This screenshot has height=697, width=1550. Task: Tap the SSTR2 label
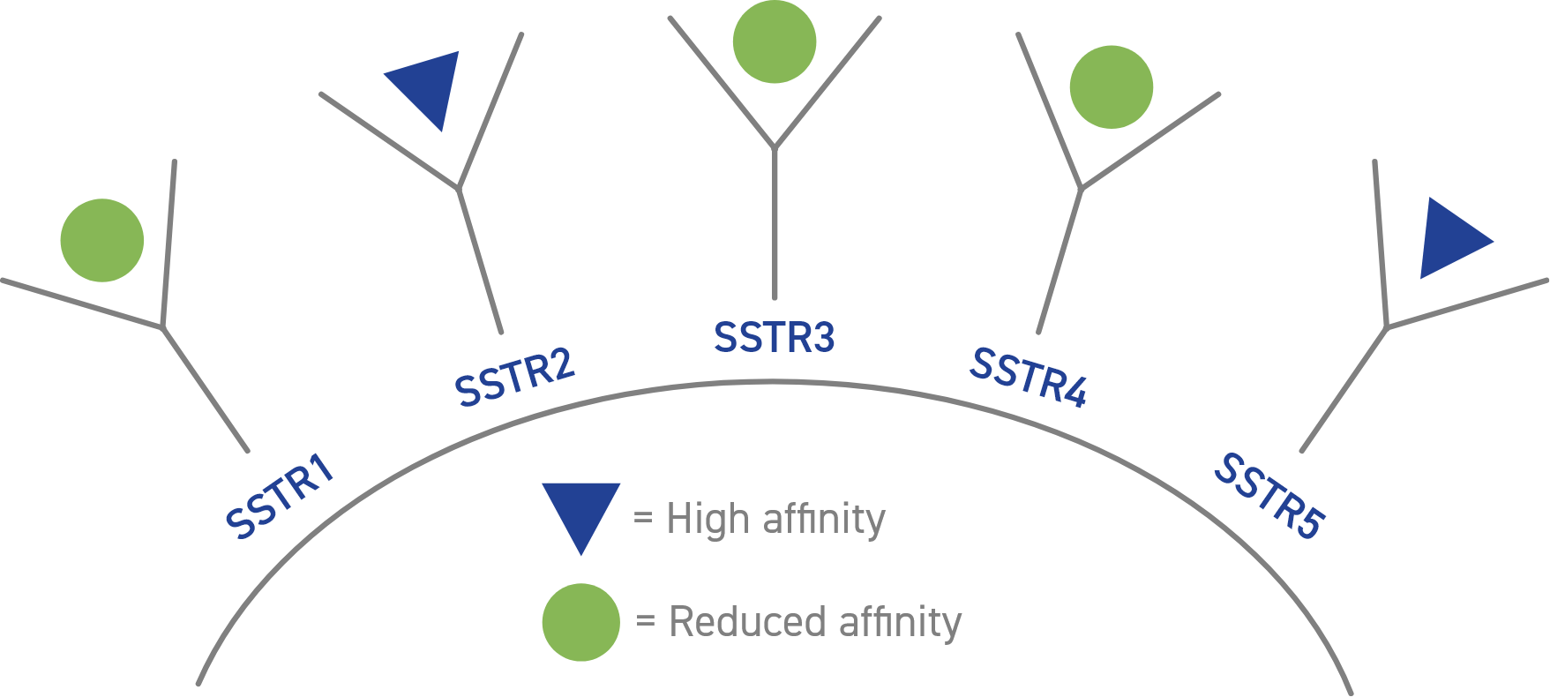tap(514, 378)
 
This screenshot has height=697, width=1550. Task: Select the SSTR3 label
tap(774, 338)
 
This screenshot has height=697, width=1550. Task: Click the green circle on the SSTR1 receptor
tap(102, 240)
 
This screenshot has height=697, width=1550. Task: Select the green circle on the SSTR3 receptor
tap(775, 41)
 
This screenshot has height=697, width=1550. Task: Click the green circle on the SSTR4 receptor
tap(1112, 87)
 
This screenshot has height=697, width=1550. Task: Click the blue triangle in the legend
tap(580, 511)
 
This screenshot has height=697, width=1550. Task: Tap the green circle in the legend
tap(580, 622)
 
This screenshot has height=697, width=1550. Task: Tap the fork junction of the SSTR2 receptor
tap(458, 187)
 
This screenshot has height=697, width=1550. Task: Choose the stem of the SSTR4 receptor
tap(1060, 261)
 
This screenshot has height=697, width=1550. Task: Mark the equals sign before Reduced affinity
tap(647, 622)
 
